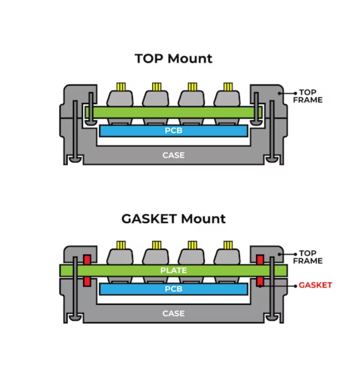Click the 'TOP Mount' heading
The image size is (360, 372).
click(x=173, y=58)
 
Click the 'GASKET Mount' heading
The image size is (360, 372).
click(x=173, y=219)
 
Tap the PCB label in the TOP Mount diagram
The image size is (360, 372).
click(x=173, y=131)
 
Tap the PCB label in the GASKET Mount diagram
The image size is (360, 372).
click(x=173, y=289)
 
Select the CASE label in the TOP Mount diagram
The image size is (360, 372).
click(x=173, y=155)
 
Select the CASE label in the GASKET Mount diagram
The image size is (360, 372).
click(x=173, y=313)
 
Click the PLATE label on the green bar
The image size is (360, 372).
click(x=173, y=270)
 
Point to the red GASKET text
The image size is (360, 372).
click(x=315, y=285)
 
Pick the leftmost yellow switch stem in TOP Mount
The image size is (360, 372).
click(x=120, y=87)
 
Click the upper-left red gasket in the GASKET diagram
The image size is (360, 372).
click(x=87, y=259)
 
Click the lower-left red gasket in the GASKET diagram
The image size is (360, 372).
click(x=87, y=281)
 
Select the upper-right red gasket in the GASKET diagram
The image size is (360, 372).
click(x=260, y=259)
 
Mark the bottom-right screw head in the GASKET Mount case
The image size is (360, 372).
click(x=272, y=318)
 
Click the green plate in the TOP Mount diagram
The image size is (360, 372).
click(x=173, y=112)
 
